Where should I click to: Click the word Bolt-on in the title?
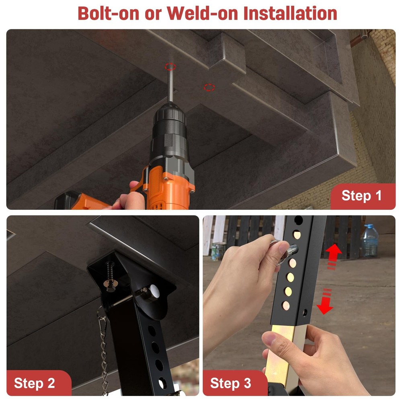(x=108, y=13)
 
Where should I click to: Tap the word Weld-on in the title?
(x=202, y=13)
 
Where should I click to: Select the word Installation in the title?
(x=290, y=13)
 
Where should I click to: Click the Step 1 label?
(x=361, y=196)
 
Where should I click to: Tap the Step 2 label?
(x=35, y=383)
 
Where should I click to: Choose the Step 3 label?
(x=231, y=383)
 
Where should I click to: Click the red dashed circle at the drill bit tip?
(x=170, y=67)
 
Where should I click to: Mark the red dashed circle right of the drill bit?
(x=209, y=87)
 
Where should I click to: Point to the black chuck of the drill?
(x=170, y=131)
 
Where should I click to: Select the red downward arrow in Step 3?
(x=325, y=301)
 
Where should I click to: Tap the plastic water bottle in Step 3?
(x=370, y=240)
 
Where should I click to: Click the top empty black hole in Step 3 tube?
(x=298, y=220)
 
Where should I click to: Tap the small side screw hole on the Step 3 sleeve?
(x=305, y=312)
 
